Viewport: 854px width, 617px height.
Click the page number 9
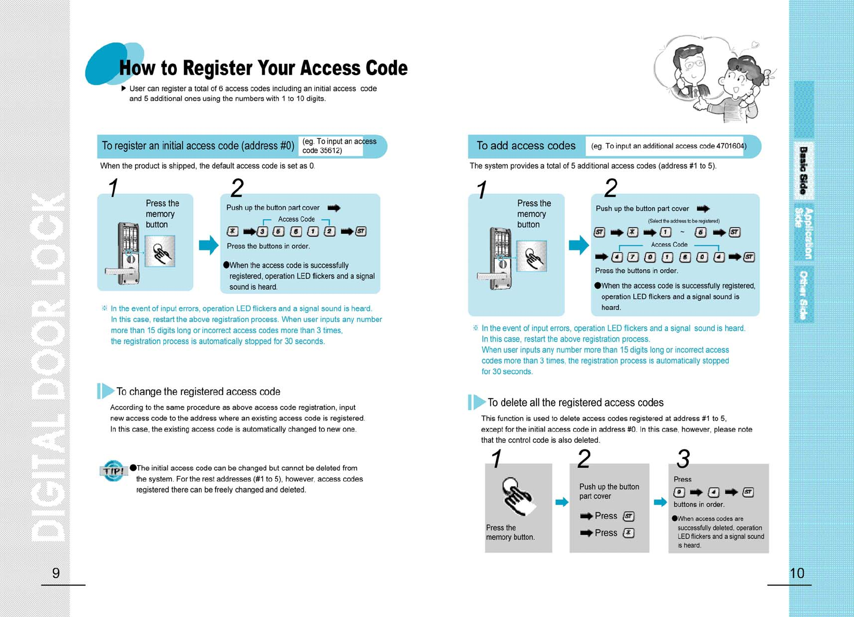pos(56,573)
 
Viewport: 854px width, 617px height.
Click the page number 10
pos(796,573)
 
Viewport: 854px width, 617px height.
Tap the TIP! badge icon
pos(113,471)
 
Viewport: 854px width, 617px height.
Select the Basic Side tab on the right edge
pos(803,170)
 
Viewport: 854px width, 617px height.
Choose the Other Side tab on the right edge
pos(803,295)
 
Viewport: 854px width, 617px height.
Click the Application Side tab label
pos(804,233)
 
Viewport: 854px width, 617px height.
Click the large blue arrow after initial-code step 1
pos(209,245)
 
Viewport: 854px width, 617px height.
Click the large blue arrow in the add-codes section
pos(578,245)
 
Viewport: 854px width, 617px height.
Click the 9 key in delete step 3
pos(679,493)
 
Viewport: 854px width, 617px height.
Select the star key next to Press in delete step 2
pos(628,533)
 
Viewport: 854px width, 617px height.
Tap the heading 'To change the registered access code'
pos(198,392)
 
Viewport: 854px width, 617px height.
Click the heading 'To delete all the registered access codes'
pos(575,403)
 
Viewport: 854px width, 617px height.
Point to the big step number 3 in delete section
pos(683,459)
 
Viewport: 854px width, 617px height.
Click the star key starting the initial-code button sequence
pos(233,231)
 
